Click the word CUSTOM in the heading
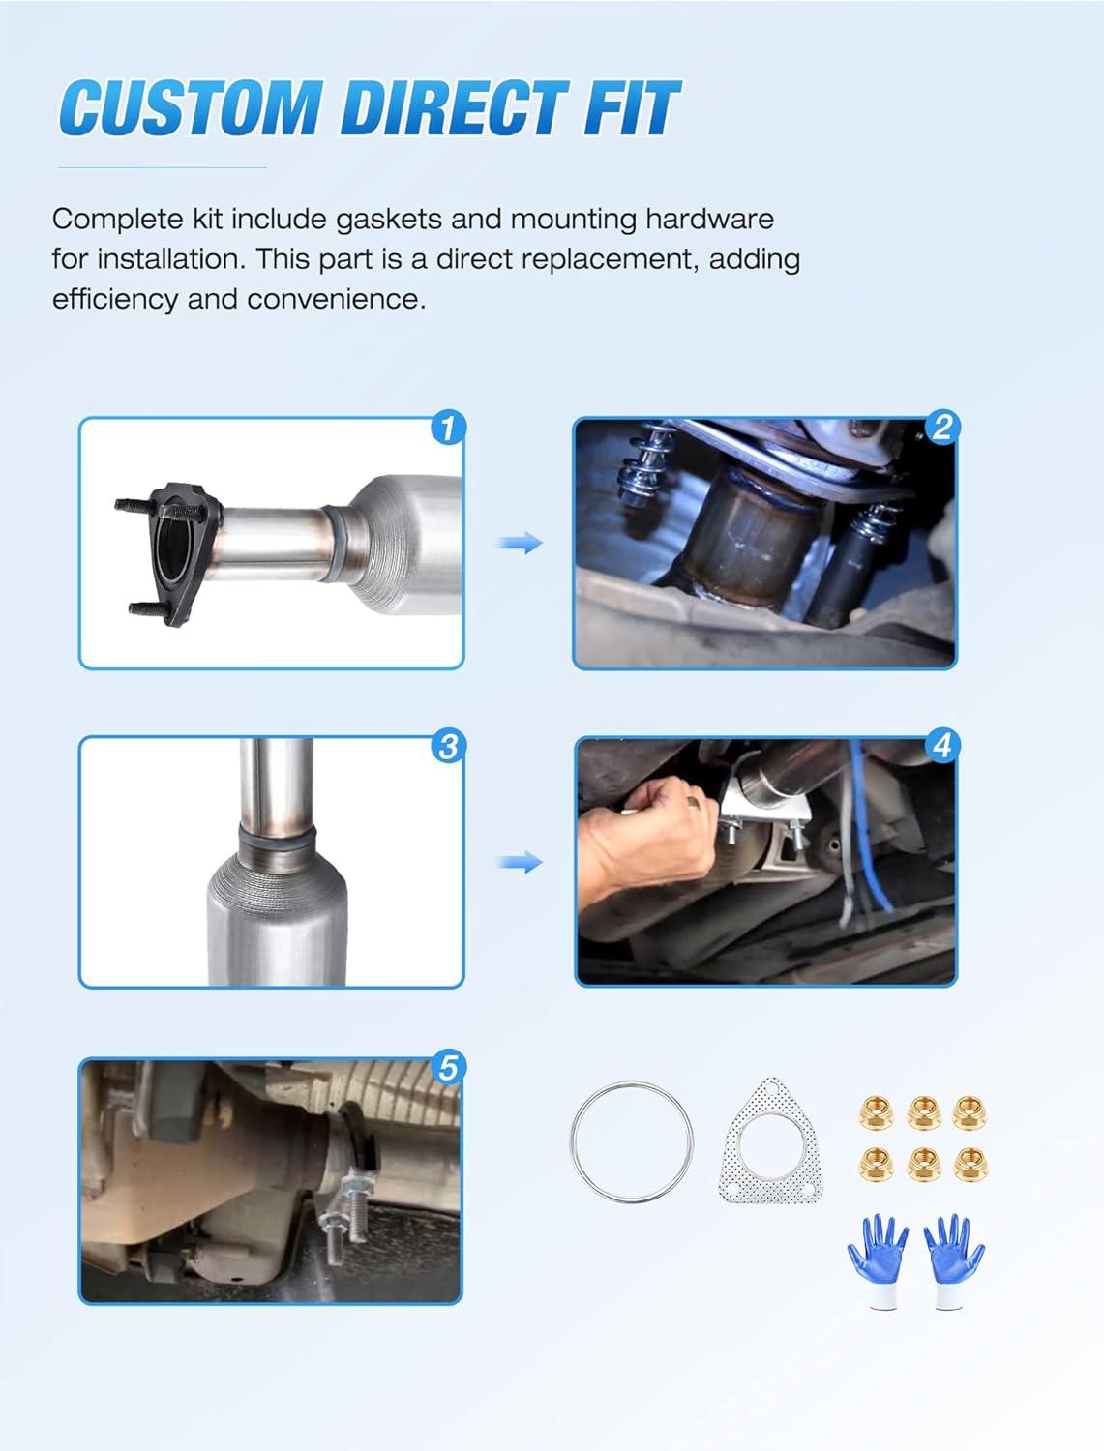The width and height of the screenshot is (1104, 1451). (191, 107)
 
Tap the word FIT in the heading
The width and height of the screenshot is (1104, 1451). (633, 107)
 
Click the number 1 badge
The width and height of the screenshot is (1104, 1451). (448, 428)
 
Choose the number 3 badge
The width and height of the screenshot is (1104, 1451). (448, 747)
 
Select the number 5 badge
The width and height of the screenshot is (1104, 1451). (447, 1067)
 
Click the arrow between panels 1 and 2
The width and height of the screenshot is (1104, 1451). (521, 543)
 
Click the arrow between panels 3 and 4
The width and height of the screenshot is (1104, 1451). (521, 862)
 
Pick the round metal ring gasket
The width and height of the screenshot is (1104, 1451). (573, 1142)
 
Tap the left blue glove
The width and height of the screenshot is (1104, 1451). (879, 1257)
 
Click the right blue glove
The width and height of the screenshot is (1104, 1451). (953, 1257)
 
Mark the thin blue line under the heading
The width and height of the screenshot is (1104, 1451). (162, 168)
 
